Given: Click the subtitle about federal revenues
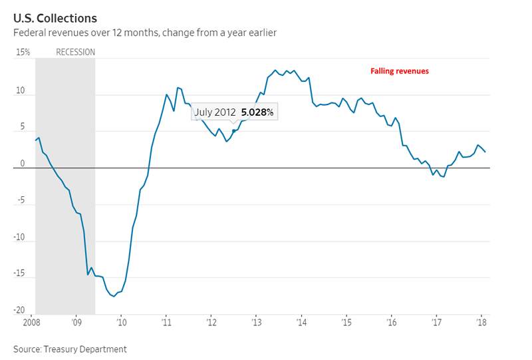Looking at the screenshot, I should [x=145, y=33].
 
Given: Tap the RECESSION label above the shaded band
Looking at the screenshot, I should [x=75, y=52].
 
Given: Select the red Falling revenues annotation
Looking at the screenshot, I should [x=400, y=71].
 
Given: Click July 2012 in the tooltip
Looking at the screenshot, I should [x=215, y=112].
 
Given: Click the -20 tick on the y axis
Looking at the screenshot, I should [x=20, y=310].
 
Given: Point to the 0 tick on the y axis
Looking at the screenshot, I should [x=22, y=163].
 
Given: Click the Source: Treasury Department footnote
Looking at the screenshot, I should [x=70, y=349].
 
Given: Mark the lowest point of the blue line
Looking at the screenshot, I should [x=114, y=296].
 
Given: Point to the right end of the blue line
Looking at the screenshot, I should [x=485, y=152].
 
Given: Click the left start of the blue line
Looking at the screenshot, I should [x=35, y=140].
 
